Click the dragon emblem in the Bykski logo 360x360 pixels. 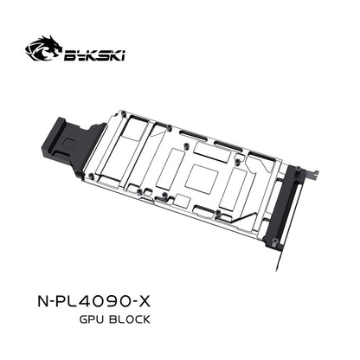tap(43, 48)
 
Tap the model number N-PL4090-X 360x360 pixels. tap(94, 301)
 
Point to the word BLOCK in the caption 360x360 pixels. tap(130, 319)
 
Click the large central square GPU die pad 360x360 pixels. tap(202, 177)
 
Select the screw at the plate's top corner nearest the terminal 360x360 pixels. tap(123, 113)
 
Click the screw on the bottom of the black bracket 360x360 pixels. tap(275, 241)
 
